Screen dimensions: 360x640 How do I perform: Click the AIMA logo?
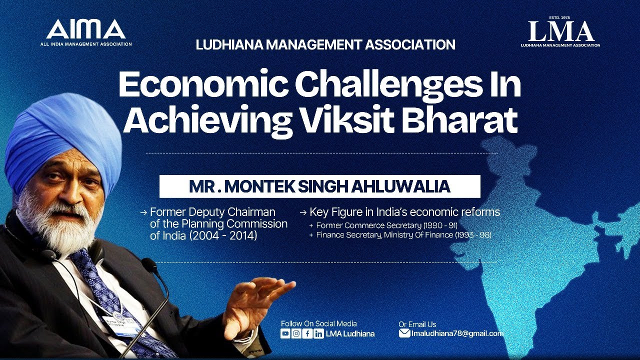pyautogui.click(x=86, y=32)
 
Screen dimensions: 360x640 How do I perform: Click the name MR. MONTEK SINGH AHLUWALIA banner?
pyautogui.click(x=319, y=186)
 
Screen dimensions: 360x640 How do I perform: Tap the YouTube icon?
pyautogui.click(x=285, y=334)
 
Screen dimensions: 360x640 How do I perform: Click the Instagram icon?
pyautogui.click(x=296, y=334)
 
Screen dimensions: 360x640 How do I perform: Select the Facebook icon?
pyautogui.click(x=307, y=334)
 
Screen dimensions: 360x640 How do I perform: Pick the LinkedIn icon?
pyautogui.click(x=318, y=334)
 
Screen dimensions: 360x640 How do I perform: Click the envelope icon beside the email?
pyautogui.click(x=404, y=333)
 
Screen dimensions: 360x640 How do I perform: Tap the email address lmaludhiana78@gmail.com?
pyautogui.click(x=457, y=333)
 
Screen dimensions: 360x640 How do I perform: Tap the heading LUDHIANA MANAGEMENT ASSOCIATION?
pyautogui.click(x=325, y=45)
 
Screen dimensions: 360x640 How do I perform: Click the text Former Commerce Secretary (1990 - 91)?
pyautogui.click(x=386, y=225)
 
